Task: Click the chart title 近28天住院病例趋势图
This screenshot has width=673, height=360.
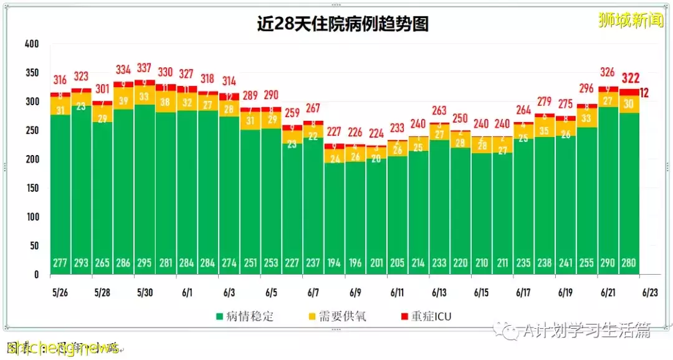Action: coord(343,24)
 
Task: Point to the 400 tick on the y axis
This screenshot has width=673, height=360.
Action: coord(32,44)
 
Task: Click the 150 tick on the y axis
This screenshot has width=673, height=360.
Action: coord(32,188)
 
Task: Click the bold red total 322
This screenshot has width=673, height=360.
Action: coord(629,78)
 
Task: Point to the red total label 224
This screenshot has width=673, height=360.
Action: coord(376,133)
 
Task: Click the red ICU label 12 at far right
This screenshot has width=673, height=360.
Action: coord(644,93)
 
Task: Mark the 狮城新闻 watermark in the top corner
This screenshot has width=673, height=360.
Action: coord(630,21)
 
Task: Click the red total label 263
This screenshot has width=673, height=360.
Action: coord(439,110)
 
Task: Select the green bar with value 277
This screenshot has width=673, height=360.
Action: coord(60,193)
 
